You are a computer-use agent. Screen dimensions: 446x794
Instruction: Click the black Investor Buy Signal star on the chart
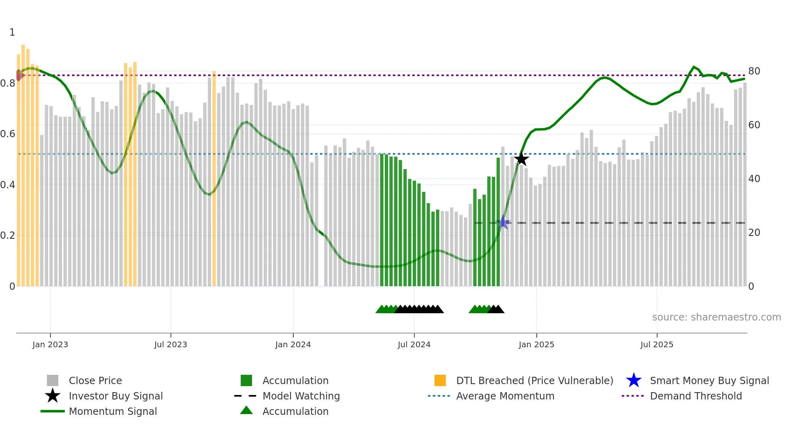pyautogui.click(x=521, y=159)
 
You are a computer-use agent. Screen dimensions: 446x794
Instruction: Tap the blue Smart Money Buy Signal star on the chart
pyautogui.click(x=503, y=222)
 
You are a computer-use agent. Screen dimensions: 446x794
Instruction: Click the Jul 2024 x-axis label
pyautogui.click(x=414, y=344)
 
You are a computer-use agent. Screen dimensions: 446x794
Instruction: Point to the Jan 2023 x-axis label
pyautogui.click(x=50, y=344)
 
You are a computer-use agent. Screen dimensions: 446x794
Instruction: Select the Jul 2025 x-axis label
pyautogui.click(x=657, y=344)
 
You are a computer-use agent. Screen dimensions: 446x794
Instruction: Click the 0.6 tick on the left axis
pyautogui.click(x=8, y=134)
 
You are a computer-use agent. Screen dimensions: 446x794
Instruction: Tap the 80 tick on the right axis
pyautogui.click(x=754, y=71)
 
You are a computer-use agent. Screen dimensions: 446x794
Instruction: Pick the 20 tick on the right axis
pyautogui.click(x=754, y=233)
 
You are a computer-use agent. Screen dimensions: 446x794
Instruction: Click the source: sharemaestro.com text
pyautogui.click(x=716, y=317)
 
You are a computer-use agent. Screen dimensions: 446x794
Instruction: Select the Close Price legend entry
pyautogui.click(x=95, y=380)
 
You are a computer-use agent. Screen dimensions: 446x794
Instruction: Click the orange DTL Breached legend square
pyautogui.click(x=440, y=380)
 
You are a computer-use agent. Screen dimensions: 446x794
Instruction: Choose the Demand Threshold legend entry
pyautogui.click(x=696, y=396)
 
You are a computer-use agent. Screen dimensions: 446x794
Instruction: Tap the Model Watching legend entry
pyautogui.click(x=301, y=396)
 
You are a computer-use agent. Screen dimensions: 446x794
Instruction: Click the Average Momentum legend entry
pyautogui.click(x=505, y=396)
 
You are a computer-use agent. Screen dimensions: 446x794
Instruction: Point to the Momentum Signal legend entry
pyautogui.click(x=113, y=411)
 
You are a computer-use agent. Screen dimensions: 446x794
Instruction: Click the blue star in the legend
pyautogui.click(x=634, y=380)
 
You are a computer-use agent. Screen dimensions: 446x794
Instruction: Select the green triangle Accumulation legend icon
pyautogui.click(x=246, y=410)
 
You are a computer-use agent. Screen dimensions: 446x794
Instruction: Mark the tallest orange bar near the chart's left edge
pyautogui.click(x=23, y=162)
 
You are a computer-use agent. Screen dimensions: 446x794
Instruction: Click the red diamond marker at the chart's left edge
pyautogui.click(x=19, y=75)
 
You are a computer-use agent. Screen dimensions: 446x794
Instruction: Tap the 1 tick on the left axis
pyautogui.click(x=12, y=32)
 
